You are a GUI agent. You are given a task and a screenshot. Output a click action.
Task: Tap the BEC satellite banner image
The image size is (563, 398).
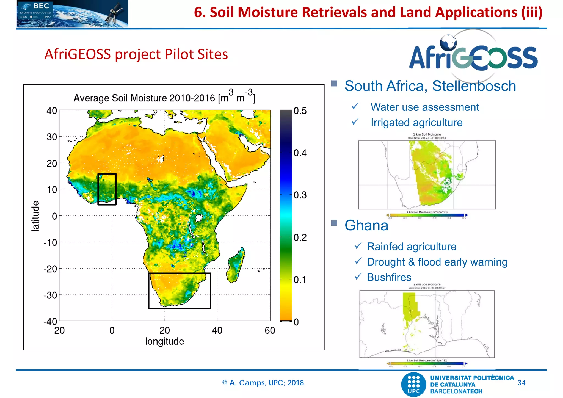tap(72, 14)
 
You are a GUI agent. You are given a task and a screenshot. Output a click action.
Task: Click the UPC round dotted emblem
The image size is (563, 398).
tap(414, 384)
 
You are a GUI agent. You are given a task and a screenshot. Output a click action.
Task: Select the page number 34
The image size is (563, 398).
tap(521, 383)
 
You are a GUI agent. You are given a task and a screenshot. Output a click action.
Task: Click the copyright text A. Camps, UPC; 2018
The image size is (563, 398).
tap(263, 383)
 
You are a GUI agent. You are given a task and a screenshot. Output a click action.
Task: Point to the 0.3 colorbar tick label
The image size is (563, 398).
tap(300, 195)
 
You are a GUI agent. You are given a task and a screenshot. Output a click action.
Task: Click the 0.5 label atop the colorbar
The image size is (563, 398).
tap(300, 111)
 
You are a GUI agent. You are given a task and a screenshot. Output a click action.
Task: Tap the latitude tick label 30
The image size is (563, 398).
tap(52, 137)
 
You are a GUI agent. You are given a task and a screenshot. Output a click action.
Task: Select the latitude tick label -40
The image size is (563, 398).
tap(51, 321)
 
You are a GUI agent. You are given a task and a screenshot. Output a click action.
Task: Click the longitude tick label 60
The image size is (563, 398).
tap(270, 330)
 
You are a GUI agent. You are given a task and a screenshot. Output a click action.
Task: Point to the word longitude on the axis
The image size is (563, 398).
tap(165, 341)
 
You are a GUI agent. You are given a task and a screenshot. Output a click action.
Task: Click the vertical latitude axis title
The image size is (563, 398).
tap(35, 216)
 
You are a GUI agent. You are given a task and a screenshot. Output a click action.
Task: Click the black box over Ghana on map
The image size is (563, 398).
tap(107, 189)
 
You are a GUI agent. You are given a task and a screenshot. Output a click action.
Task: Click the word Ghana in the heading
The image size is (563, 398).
tap(366, 225)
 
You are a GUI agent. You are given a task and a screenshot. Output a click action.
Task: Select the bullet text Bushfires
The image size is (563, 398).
tap(389, 277)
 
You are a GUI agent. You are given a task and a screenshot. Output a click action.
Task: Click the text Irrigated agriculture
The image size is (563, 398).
tap(416, 123)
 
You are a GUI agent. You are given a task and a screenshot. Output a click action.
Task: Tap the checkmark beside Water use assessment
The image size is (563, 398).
tap(355, 106)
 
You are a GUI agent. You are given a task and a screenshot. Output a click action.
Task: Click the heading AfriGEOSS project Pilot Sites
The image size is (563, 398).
tap(136, 54)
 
